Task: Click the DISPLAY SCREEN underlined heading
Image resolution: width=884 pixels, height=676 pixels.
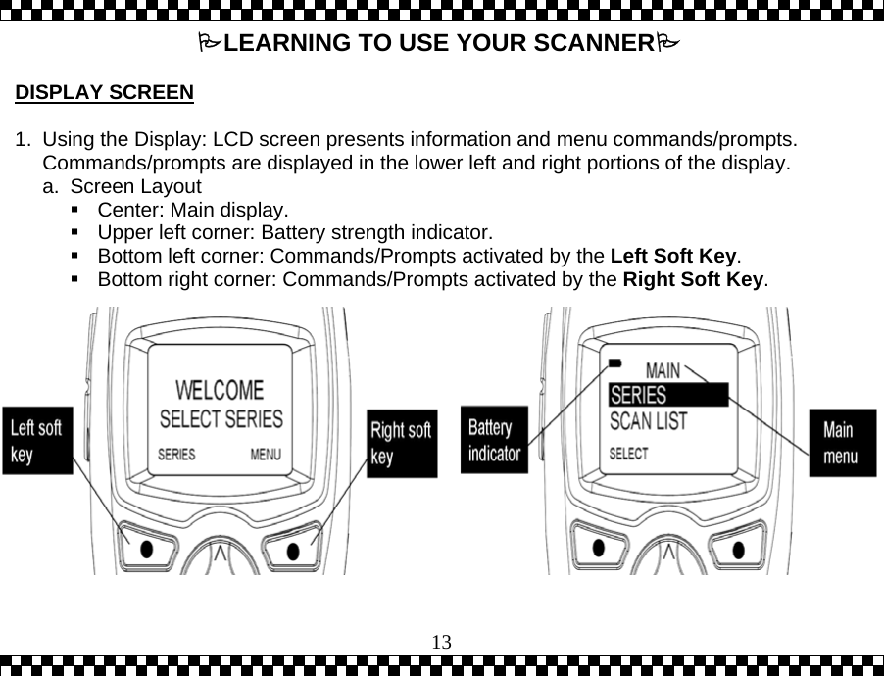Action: [104, 94]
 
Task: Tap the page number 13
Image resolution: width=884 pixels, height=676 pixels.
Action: [442, 642]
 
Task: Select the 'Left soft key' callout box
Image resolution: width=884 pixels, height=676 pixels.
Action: [37, 440]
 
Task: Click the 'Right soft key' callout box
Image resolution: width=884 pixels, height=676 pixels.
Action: [401, 443]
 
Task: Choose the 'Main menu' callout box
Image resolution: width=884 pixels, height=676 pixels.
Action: [842, 443]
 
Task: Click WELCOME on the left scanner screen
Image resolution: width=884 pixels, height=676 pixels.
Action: [220, 390]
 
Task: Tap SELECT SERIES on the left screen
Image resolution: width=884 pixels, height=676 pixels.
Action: [221, 419]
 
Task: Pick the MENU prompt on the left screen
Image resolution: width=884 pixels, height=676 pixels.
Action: [266, 455]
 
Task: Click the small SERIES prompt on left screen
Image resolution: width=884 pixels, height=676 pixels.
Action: [176, 455]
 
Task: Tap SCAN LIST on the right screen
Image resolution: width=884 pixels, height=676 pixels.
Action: [649, 421]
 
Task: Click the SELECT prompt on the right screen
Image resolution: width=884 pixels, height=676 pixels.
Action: [629, 454]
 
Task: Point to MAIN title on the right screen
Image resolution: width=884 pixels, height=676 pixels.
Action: [663, 370]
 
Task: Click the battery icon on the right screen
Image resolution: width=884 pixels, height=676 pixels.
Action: [614, 362]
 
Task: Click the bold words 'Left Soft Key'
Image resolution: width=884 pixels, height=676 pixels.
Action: [672, 257]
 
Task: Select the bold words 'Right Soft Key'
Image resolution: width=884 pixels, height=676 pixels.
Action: [693, 280]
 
